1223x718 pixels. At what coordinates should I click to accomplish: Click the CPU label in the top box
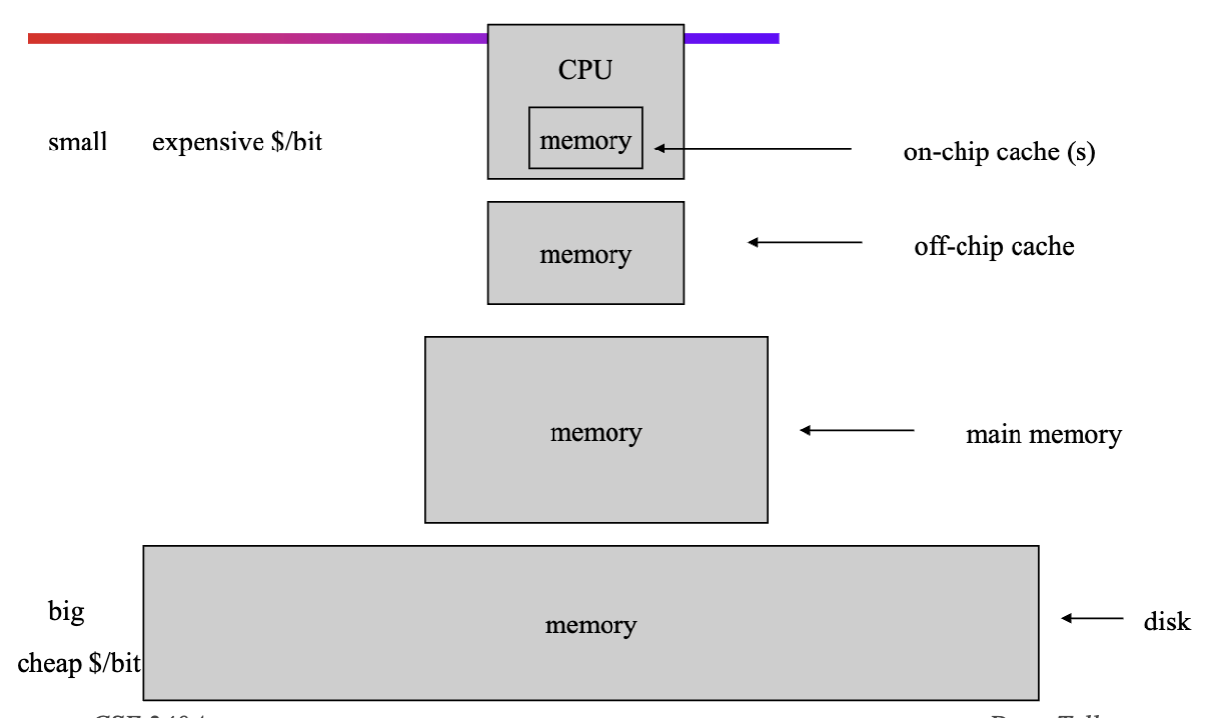[586, 70]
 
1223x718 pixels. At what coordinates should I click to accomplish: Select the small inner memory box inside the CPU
[586, 139]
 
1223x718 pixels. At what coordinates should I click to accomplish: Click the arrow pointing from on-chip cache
[753, 149]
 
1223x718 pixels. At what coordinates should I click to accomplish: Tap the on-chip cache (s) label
[999, 154]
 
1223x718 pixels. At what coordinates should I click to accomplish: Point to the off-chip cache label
[994, 246]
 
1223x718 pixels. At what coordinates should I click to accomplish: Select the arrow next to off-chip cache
[805, 242]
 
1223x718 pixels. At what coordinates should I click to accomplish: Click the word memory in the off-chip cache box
[585, 254]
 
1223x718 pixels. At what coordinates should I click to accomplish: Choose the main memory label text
[1043, 434]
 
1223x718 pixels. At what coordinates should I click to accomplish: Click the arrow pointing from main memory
[857, 430]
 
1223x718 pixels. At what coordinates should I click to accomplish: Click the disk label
[1167, 622]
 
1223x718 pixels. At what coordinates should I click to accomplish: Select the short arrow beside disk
[1091, 619]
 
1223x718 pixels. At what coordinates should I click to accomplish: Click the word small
[78, 143]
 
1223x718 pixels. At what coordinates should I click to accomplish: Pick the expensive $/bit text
[237, 143]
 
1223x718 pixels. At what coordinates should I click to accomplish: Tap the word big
[66, 612]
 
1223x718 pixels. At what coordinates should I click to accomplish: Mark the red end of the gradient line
[39, 39]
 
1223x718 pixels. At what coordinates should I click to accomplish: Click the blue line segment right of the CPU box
[731, 39]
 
